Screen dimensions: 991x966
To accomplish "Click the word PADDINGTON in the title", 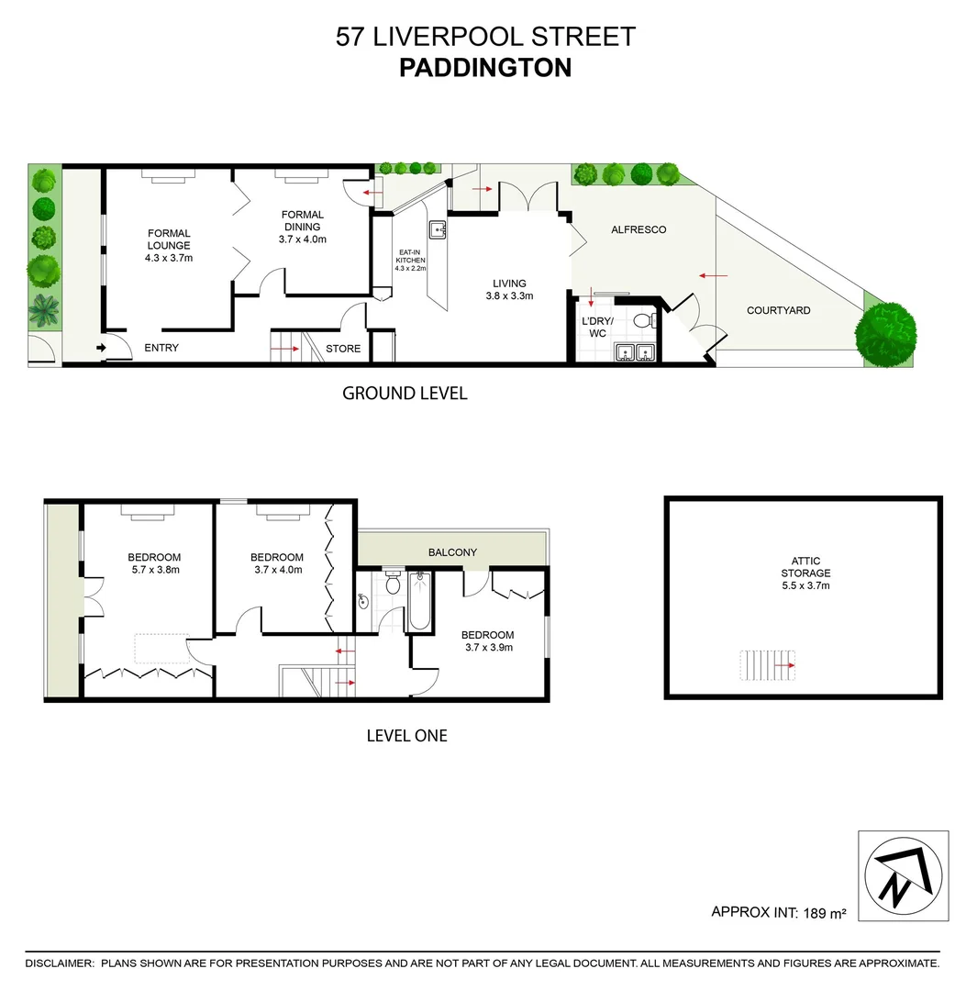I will [484, 68].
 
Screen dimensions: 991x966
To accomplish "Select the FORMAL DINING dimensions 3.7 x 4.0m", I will [303, 239].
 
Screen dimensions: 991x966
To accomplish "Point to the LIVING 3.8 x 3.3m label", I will [509, 290].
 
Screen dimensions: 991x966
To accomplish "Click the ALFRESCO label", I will [638, 229].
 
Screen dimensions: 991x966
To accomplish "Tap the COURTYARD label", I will [778, 310].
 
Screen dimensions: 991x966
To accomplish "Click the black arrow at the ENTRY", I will [101, 348].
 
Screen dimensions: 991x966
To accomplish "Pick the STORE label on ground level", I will [344, 349].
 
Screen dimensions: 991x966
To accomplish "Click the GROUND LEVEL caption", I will [405, 394].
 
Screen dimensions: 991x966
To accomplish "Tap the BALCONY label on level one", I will [453, 552].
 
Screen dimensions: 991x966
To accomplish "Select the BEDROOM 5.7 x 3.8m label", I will [154, 563].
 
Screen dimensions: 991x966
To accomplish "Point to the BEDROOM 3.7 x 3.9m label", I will [487, 640].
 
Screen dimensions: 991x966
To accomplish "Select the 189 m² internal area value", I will [824, 913].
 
